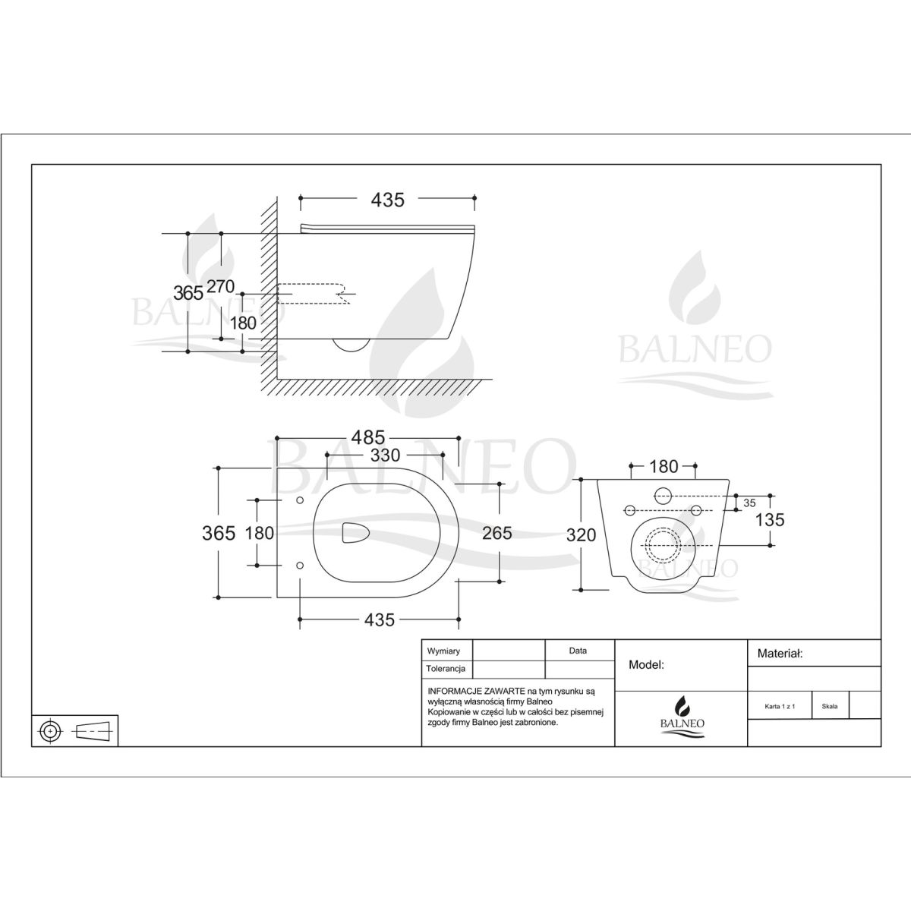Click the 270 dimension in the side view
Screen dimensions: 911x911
coord(221,286)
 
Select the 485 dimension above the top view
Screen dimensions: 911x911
coord(367,437)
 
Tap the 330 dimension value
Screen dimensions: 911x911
coord(386,455)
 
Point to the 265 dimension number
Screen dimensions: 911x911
coord(496,533)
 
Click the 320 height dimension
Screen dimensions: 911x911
coord(581,534)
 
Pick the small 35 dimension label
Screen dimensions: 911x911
coord(749,503)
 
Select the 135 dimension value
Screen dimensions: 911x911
coord(770,520)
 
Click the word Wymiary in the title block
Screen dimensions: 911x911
coord(443,651)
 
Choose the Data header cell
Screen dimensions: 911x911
coord(578,651)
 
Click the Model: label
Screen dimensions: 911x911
coord(646,665)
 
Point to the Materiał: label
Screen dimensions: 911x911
coord(780,654)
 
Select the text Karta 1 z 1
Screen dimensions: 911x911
coord(780,706)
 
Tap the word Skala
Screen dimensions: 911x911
coord(830,706)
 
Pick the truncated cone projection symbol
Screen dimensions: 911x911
coord(93,732)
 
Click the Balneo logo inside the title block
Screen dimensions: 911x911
coord(682,716)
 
